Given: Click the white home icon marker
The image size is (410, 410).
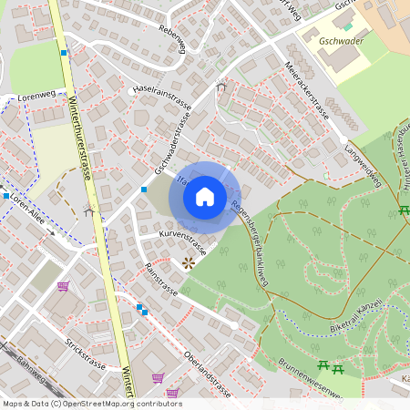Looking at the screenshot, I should click(204, 197).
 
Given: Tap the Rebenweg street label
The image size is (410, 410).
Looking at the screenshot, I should click(171, 40).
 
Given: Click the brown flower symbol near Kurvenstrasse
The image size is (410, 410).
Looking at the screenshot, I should click(189, 262).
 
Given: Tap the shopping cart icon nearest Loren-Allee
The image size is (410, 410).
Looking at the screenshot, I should click(63, 286).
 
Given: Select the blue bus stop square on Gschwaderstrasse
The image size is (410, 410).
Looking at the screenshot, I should click(144, 190).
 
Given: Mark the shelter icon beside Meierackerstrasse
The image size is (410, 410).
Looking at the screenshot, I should click(220, 87).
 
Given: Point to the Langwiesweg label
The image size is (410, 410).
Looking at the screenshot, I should click(363, 157).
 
